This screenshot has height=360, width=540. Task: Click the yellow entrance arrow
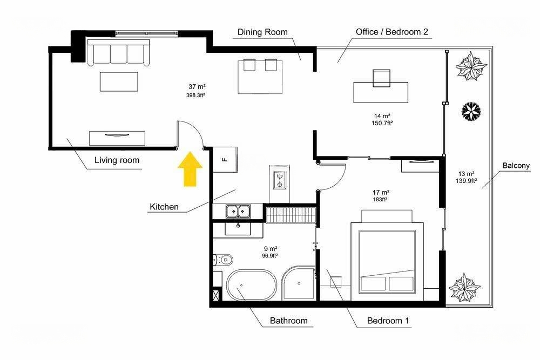(190, 169)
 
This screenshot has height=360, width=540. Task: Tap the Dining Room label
(262, 32)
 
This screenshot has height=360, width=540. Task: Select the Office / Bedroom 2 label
(391, 32)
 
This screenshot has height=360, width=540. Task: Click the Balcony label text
(516, 166)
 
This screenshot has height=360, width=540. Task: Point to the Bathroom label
(288, 321)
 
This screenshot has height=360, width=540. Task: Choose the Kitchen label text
(164, 207)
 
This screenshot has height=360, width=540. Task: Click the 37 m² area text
(197, 87)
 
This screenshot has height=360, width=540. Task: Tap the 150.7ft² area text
(382, 123)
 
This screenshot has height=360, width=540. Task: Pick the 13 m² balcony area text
(467, 174)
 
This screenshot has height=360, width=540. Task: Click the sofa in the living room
(118, 52)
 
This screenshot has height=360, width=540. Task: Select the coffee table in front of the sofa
(119, 81)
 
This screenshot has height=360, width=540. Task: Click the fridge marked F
(225, 159)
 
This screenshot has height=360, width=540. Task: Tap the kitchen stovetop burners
(279, 180)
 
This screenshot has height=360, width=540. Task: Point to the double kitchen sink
(238, 211)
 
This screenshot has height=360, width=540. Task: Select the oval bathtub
(252, 284)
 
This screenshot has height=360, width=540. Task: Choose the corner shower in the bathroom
(298, 283)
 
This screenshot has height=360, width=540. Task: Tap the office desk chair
(382, 78)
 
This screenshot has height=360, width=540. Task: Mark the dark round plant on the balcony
(471, 111)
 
